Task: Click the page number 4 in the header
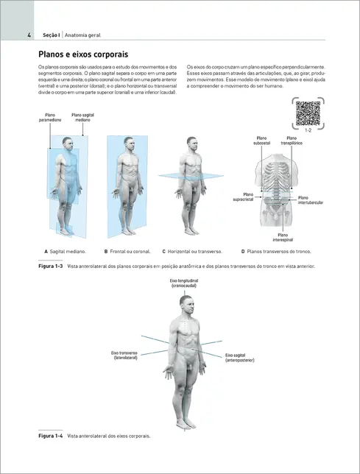28,35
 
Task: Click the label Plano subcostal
263,140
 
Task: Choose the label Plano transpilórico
292,140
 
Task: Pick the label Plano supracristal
243,197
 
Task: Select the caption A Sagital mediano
66,252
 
